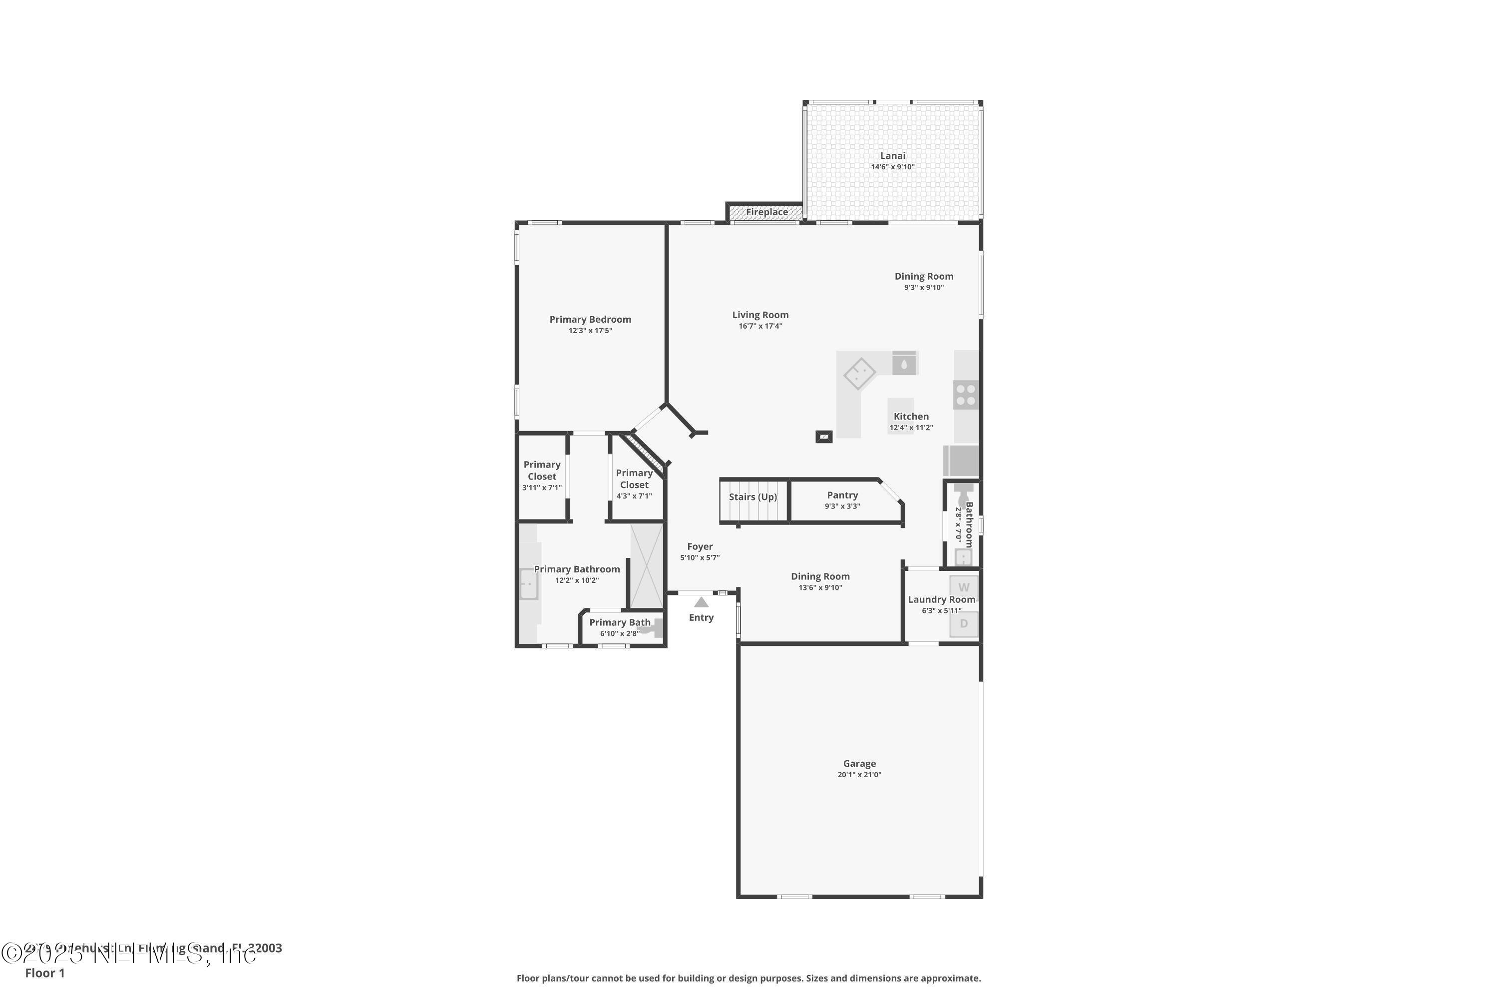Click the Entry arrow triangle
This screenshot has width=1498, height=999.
click(x=701, y=602)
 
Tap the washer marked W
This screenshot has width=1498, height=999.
click(x=963, y=587)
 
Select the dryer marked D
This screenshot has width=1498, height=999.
click(x=963, y=624)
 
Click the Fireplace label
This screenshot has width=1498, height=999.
click(x=767, y=212)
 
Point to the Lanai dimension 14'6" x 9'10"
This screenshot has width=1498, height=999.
click(x=892, y=167)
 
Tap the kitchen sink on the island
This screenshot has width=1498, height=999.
click(x=904, y=365)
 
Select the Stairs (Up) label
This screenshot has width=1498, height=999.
click(x=753, y=497)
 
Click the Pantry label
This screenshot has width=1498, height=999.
click(x=842, y=495)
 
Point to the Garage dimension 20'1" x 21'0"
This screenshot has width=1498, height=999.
click(x=859, y=775)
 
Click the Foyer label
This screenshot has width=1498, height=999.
click(x=700, y=546)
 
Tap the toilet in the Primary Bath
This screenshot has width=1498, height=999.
click(x=652, y=629)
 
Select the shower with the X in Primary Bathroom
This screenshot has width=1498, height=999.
click(x=647, y=566)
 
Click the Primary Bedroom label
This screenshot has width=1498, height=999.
click(x=590, y=319)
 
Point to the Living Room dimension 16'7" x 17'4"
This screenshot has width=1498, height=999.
click(x=760, y=326)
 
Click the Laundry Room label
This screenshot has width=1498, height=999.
click(x=941, y=599)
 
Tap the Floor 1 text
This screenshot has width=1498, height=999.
click(x=44, y=973)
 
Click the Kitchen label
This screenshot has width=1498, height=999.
click(x=911, y=417)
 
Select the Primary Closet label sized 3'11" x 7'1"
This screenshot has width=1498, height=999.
click(x=541, y=470)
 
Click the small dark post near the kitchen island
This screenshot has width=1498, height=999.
click(x=823, y=437)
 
